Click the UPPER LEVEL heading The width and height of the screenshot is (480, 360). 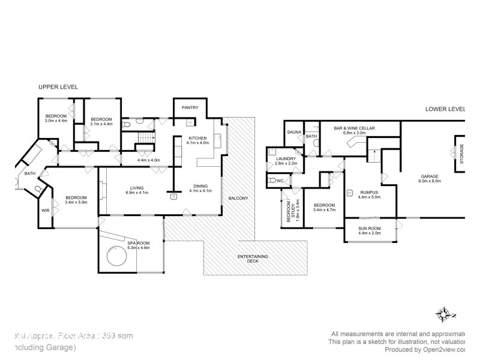point(58,87)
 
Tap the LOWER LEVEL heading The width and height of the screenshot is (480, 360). point(445,109)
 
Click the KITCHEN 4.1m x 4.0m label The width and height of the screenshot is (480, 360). point(197,140)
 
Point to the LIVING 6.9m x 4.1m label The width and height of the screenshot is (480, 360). point(137,190)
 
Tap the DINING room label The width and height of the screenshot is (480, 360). point(197,188)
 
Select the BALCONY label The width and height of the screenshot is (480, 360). point(238,198)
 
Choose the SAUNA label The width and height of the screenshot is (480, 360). point(294,132)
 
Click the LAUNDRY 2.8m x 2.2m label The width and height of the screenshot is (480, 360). point(286,161)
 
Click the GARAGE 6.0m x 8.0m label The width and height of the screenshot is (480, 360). point(430,178)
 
